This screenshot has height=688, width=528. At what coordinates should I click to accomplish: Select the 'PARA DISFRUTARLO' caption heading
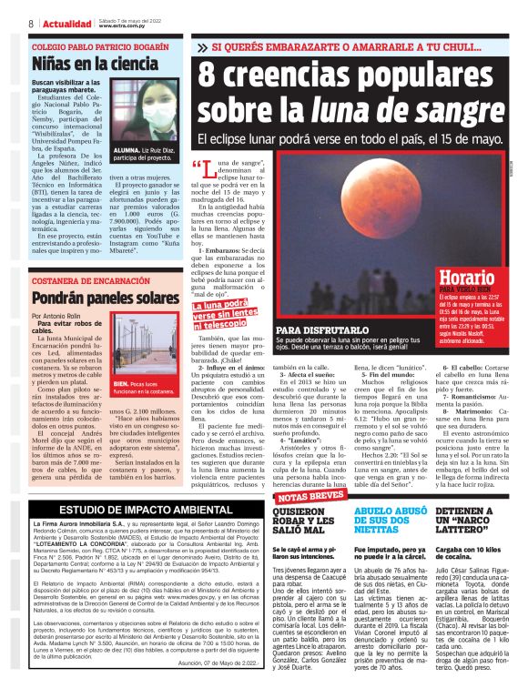tap(314, 330)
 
